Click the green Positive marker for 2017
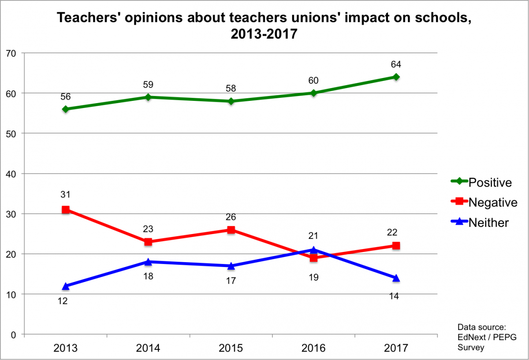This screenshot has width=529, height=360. pyautogui.click(x=396, y=77)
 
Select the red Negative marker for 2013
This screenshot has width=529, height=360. pyautogui.click(x=66, y=210)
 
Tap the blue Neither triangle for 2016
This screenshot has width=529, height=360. pyautogui.click(x=313, y=250)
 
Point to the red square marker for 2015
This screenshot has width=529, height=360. pyautogui.click(x=231, y=230)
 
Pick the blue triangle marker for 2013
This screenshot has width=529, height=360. pyautogui.click(x=66, y=286)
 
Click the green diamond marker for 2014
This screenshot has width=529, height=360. pyautogui.click(x=148, y=97)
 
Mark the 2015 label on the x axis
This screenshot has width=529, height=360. pyautogui.click(x=231, y=348)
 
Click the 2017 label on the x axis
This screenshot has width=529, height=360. pyautogui.click(x=396, y=348)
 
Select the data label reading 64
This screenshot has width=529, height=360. pyautogui.click(x=396, y=64)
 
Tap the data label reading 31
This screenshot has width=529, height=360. pyautogui.click(x=66, y=194)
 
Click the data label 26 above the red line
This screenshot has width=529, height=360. pyautogui.click(x=231, y=217)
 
